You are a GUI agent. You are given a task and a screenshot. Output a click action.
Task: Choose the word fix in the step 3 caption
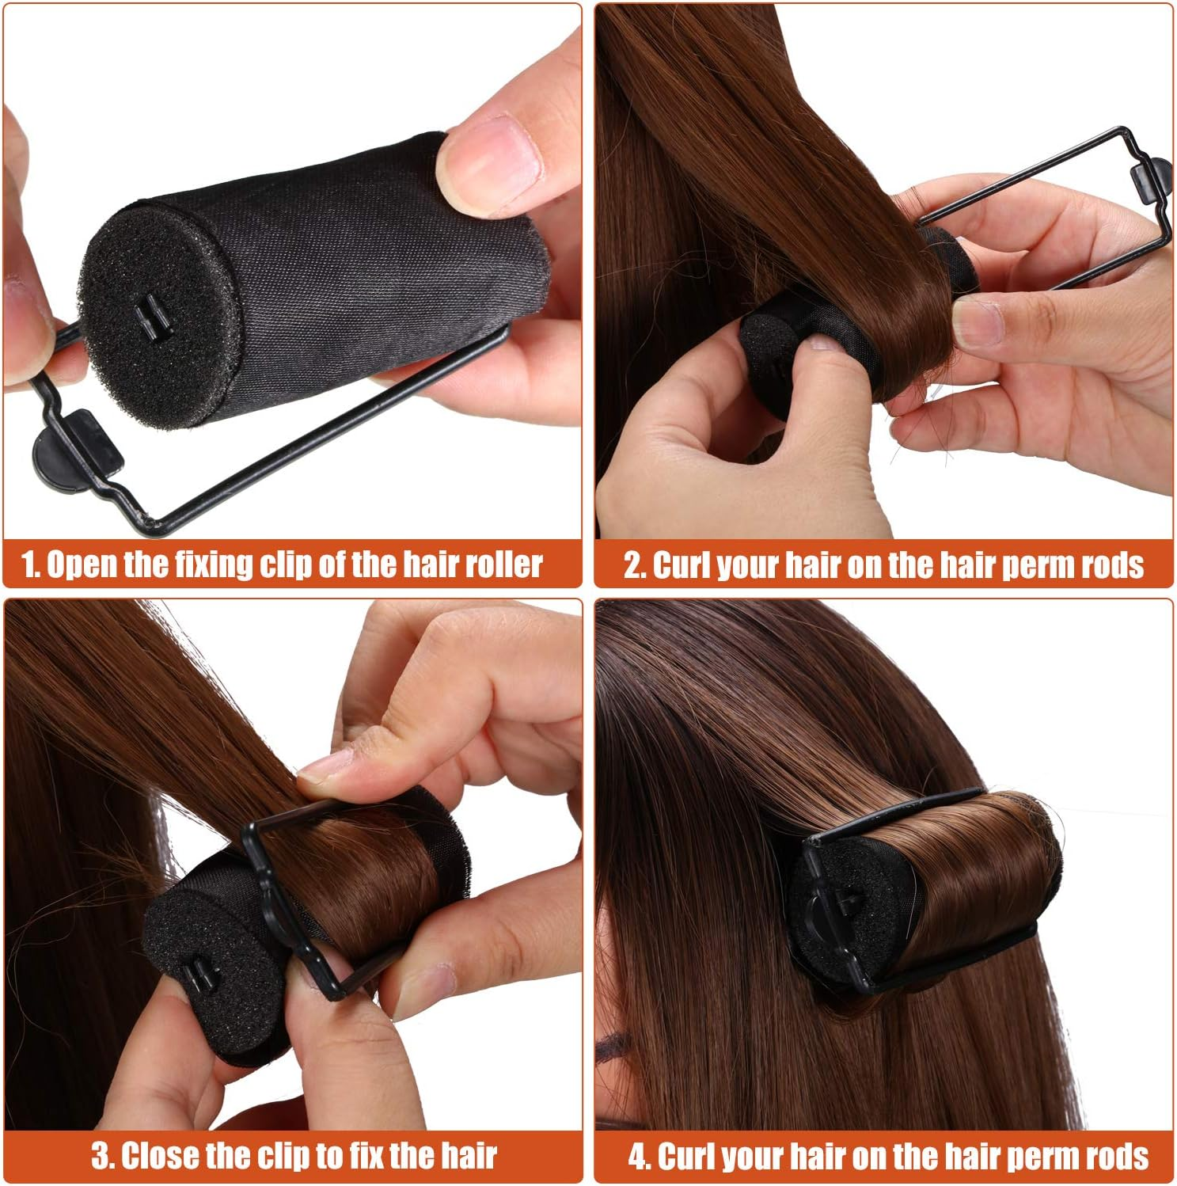click(364, 1155)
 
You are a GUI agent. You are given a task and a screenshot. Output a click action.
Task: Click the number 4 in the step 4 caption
click(637, 1155)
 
